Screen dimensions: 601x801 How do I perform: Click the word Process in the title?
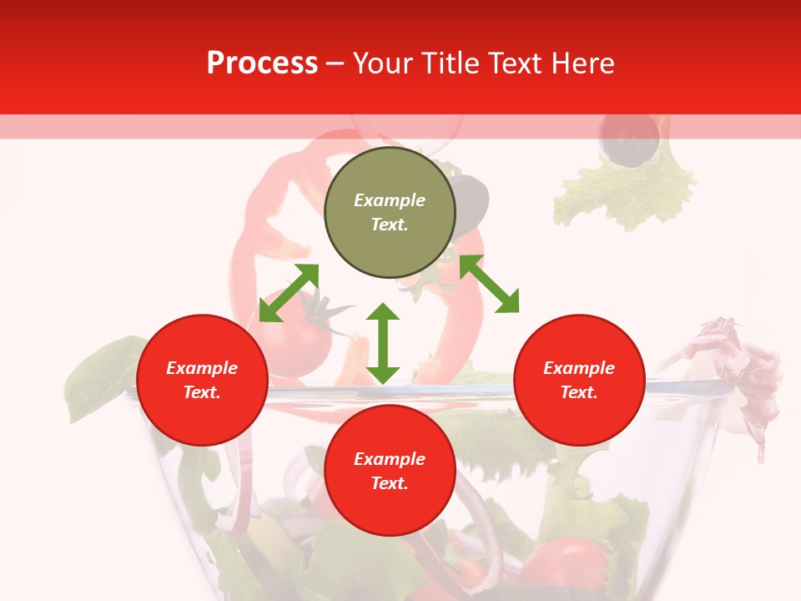tap(262, 63)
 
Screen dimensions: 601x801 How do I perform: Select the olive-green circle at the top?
tap(390, 212)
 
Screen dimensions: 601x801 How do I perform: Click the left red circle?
tap(202, 380)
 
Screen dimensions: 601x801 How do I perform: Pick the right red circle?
tap(579, 380)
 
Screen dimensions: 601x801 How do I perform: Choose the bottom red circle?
tap(390, 471)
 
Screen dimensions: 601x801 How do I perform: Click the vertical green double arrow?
tap(383, 343)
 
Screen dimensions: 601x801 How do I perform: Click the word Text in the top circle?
tap(389, 225)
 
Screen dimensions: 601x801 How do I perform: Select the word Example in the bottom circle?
tap(390, 459)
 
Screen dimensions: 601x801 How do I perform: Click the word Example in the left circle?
tap(202, 368)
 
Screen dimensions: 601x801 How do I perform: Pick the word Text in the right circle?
tap(578, 392)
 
